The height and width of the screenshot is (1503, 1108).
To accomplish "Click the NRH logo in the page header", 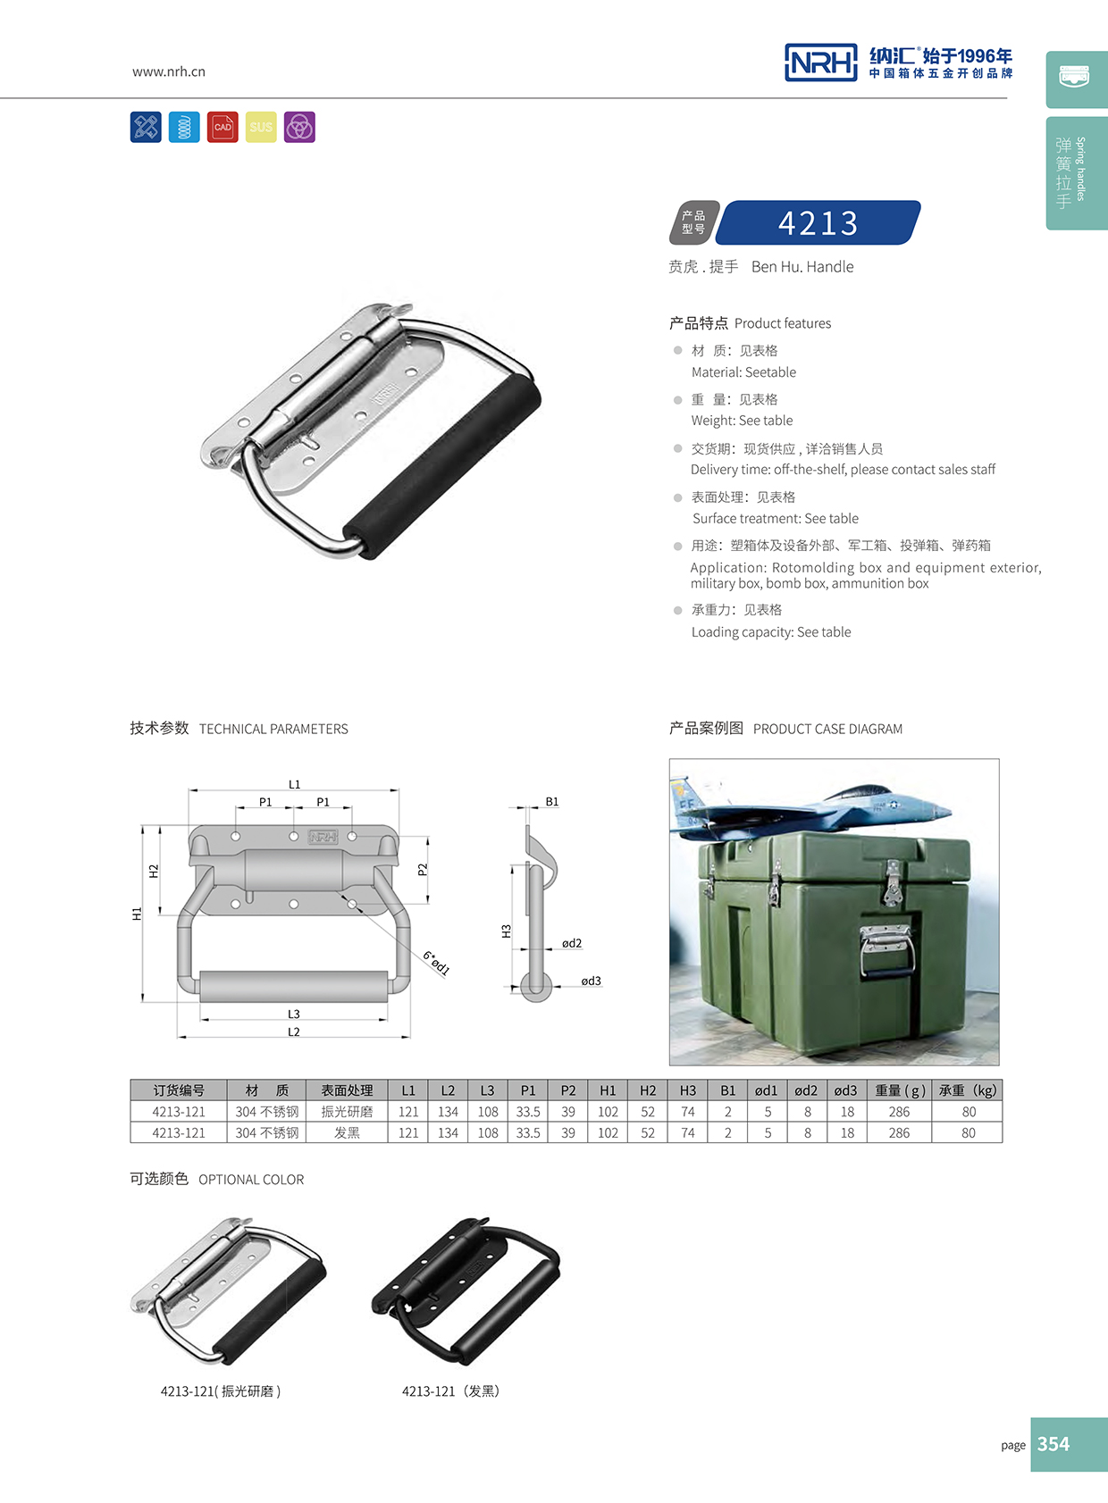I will pos(820,63).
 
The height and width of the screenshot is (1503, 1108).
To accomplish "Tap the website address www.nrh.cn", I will pos(169,71).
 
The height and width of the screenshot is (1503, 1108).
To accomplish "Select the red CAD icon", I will pos(222,128).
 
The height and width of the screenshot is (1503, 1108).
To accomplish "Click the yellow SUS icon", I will pos(261,128).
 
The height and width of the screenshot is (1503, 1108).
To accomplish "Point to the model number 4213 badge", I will pos(818,222).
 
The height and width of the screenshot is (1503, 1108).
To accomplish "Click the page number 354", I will pos(1053,1444).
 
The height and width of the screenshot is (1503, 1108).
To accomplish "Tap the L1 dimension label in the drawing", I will pos(294,784).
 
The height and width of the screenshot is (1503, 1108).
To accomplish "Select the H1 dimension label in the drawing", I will pos(137,914).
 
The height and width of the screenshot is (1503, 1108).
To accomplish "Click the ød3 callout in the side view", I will pos(591,981).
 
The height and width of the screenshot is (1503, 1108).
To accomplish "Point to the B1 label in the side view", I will pos(552,802).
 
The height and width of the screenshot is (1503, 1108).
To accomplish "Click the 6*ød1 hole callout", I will pos(436,963).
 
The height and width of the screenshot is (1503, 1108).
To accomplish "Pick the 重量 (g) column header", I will pos(899,1090).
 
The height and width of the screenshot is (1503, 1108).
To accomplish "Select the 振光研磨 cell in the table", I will pos(347,1112).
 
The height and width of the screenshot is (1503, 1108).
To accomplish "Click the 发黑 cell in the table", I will pos(347,1133).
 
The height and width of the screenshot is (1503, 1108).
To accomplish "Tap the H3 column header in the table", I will pos(687,1090).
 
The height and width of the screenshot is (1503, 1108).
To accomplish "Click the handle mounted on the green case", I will pos(886,950).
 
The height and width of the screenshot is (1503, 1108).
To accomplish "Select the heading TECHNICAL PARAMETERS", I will pos(273,729).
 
